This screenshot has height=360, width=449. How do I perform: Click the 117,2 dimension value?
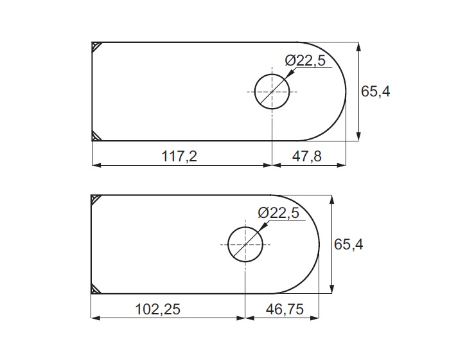[x=180, y=157]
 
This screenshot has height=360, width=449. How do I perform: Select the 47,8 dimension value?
[x=306, y=157]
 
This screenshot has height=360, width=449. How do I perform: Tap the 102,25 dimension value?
[x=157, y=310]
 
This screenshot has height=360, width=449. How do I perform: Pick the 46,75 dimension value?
[x=285, y=310]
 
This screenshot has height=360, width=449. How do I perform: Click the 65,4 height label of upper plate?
[x=375, y=92]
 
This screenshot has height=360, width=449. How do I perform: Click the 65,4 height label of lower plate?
[x=349, y=245]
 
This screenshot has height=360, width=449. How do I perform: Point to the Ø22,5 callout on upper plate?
[x=305, y=61]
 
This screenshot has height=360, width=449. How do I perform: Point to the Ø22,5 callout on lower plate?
[x=278, y=213]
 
